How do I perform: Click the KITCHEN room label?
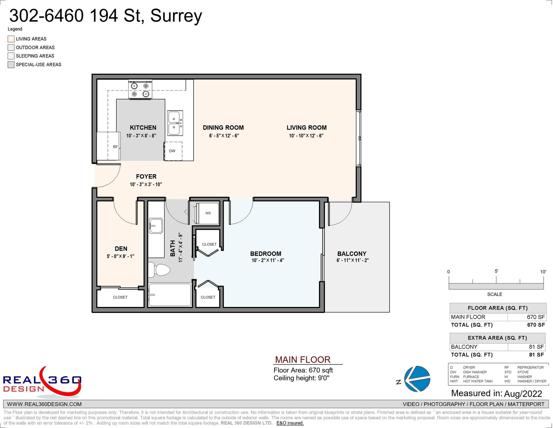(143, 128)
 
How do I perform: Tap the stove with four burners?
(140, 90)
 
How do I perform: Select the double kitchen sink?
(175, 123)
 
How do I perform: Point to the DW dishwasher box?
(173, 151)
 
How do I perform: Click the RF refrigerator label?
(115, 147)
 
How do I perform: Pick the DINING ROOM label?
(223, 128)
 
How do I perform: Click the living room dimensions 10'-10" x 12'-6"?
(306, 136)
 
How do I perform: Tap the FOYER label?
(146, 176)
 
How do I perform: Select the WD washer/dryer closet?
(207, 213)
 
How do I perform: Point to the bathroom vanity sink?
(156, 225)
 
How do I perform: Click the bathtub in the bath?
(170, 295)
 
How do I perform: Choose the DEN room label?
(121, 249)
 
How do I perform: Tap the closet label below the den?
(120, 297)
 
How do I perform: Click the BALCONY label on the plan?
(352, 254)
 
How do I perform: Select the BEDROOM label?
(266, 254)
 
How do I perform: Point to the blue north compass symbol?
(417, 379)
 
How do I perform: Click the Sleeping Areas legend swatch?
(11, 56)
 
